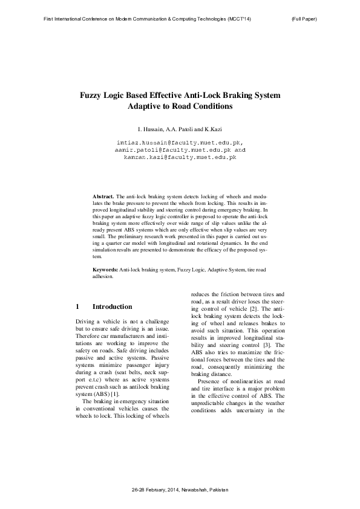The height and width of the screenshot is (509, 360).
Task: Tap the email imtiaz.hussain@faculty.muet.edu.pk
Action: pyautogui.click(x=179, y=141)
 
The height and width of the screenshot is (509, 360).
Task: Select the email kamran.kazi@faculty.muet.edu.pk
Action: pyautogui.click(x=180, y=156)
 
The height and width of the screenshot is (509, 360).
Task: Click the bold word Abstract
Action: pyautogui.click(x=103, y=197)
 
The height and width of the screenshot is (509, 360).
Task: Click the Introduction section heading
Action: pyautogui.click(x=112, y=306)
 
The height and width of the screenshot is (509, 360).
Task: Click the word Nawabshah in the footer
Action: pyautogui.click(x=195, y=488)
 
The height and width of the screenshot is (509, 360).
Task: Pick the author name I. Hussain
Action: pyautogui.click(x=151, y=128)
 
